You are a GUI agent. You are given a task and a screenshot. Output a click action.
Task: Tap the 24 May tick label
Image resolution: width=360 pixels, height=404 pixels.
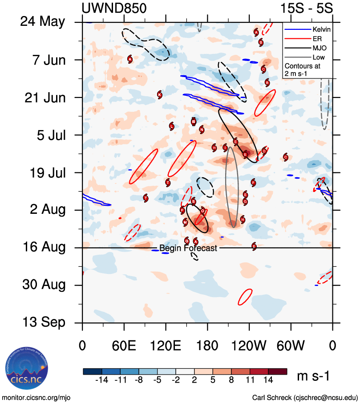click(x=43, y=22)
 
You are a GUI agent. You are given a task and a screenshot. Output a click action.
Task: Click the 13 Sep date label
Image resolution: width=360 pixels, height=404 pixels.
click(x=44, y=322)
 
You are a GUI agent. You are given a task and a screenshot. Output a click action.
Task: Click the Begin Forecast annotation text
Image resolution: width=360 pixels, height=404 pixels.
click(x=188, y=249)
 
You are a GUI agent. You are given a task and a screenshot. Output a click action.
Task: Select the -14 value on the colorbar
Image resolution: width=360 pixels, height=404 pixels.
click(x=102, y=380)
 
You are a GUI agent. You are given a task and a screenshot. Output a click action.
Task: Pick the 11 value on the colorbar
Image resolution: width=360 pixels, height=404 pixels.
click(x=250, y=380)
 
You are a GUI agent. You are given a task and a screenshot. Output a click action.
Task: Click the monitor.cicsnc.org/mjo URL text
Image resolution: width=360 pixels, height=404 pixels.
click(x=36, y=397)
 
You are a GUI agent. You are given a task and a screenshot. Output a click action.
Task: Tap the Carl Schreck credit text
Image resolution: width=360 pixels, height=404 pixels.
click(x=305, y=397)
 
